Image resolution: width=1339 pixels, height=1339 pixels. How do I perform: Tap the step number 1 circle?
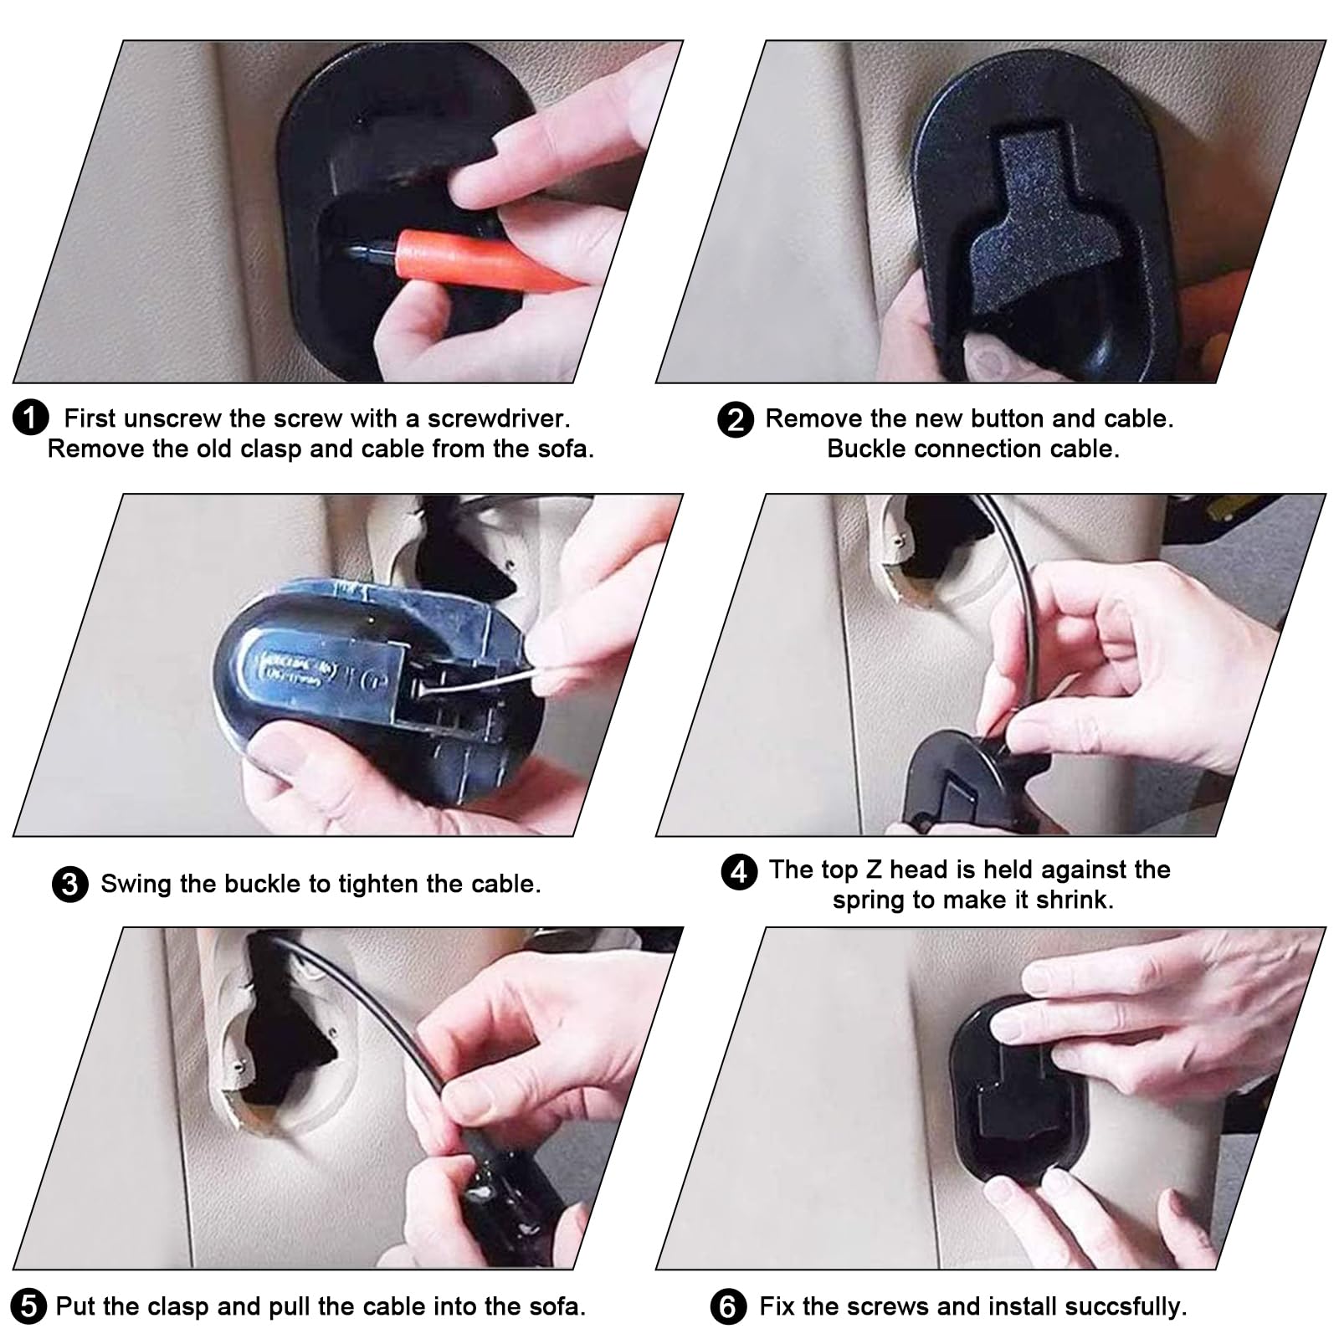31,418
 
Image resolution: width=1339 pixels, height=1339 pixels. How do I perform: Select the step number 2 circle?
735,419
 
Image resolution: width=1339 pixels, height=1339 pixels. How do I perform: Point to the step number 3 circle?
69,885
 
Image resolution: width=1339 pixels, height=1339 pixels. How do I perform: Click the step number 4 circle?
738,871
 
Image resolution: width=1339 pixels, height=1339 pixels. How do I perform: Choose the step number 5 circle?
28,1306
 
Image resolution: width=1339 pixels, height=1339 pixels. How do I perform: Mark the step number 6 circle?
728,1307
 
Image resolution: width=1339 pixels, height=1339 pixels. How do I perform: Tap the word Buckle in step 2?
867,449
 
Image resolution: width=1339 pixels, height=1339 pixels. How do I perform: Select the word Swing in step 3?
137,885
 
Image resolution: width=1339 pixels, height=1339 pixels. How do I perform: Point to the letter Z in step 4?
873,870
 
